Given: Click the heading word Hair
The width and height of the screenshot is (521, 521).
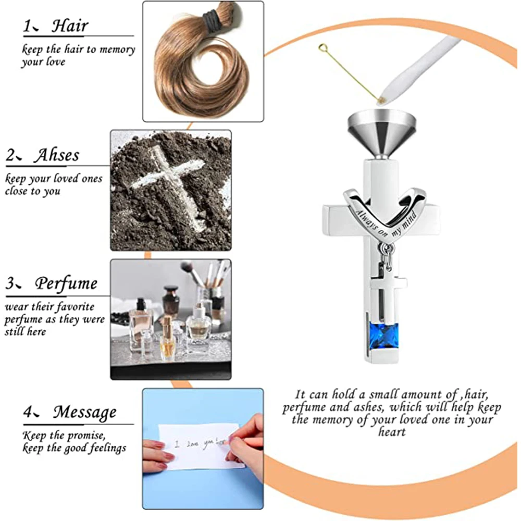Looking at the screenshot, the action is [70, 26].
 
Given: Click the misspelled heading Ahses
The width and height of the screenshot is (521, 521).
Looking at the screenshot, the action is [57, 155].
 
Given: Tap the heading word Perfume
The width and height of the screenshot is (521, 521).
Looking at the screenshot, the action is [66, 284].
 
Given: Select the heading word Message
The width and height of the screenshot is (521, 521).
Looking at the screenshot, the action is [85, 412].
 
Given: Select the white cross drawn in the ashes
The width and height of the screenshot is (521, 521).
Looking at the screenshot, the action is [169, 186].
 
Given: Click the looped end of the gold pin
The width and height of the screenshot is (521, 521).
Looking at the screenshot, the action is [322, 49].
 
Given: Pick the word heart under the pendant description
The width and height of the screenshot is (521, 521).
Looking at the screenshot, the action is [392, 432].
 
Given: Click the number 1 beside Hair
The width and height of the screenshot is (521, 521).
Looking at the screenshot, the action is [27, 26].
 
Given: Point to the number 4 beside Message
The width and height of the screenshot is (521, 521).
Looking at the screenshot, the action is [28, 413].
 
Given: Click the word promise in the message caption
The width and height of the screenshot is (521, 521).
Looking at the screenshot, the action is [86, 436].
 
